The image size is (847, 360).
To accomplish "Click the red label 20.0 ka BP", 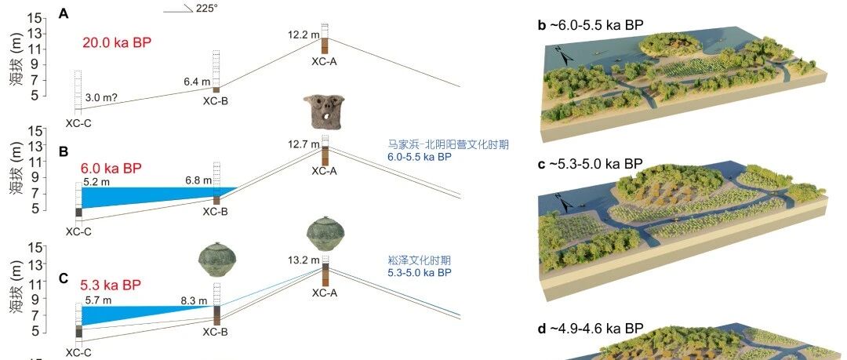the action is click(117, 43).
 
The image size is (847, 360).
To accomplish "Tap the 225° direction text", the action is click(207, 9).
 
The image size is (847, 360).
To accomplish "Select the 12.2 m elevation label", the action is click(304, 35).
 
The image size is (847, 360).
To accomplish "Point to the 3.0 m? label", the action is click(102, 98).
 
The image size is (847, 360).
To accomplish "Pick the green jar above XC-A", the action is click(325, 234).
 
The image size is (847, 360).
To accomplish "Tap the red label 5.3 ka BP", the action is click(111, 285).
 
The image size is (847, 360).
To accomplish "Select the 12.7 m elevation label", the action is click(304, 144).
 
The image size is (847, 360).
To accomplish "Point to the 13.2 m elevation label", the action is click(304, 260).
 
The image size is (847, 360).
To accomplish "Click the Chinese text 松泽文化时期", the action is click(419, 260).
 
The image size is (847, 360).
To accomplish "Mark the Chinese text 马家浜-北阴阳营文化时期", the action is click(449, 145).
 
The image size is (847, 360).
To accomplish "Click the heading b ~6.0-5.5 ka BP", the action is click(591, 25).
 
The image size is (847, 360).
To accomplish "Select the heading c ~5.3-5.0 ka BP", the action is click(591, 164).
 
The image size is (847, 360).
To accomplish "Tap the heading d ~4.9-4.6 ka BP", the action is click(591, 328).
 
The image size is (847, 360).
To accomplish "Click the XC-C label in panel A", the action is click(78, 123).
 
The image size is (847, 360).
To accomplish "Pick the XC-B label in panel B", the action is click(216, 211).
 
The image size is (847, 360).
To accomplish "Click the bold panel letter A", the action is click(64, 14).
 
